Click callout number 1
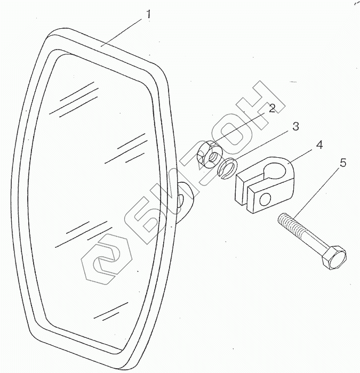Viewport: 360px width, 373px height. [148, 14]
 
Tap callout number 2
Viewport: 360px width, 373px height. [273, 108]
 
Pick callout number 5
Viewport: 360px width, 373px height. [342, 163]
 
